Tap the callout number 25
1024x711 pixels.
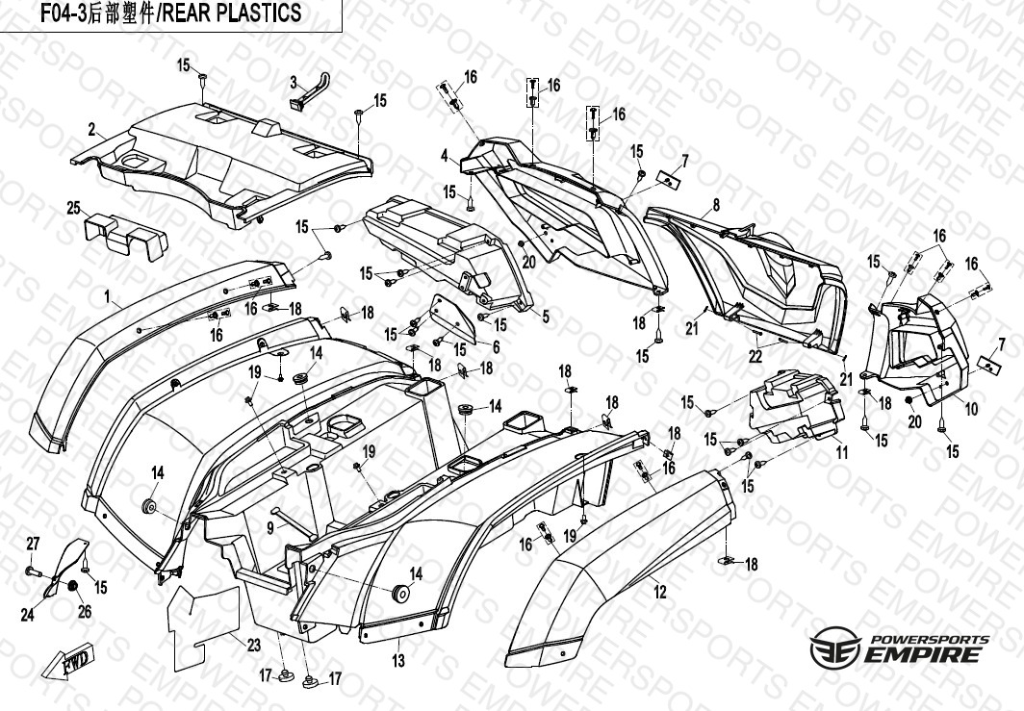click(x=73, y=207)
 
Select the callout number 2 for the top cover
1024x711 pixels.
click(x=90, y=130)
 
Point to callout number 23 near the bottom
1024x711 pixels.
click(x=253, y=646)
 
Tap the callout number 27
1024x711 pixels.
click(x=32, y=544)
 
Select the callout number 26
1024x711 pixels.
click(x=84, y=610)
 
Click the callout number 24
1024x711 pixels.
click(x=27, y=614)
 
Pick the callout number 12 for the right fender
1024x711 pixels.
click(x=660, y=593)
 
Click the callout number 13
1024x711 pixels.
click(x=397, y=660)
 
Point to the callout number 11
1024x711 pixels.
click(x=841, y=451)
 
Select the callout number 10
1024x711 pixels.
click(x=971, y=409)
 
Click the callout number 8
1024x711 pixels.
click(x=716, y=205)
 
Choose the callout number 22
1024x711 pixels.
click(x=755, y=357)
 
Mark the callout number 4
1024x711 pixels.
click(x=445, y=155)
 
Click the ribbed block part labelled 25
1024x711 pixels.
click(x=119, y=234)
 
